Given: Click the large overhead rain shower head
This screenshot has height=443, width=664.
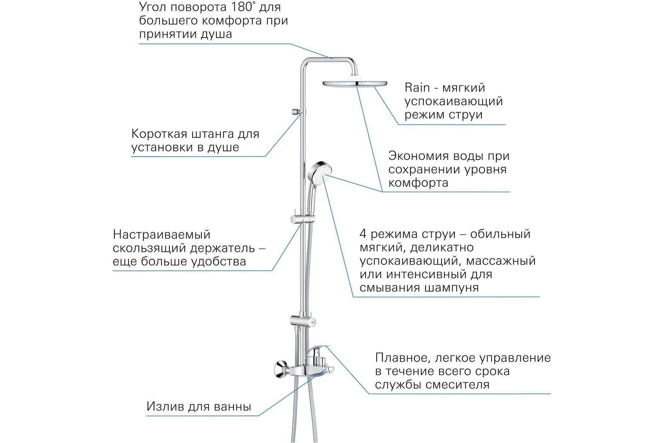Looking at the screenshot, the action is [x=355, y=84].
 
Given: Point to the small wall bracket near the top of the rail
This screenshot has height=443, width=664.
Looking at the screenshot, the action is [x=296, y=111].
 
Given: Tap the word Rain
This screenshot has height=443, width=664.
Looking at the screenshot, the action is [x=417, y=87].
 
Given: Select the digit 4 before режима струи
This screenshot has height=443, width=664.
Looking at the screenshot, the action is [x=363, y=234].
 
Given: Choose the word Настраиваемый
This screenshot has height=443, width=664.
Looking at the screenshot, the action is [x=162, y=235].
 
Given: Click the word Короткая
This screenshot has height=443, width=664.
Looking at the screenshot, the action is [x=159, y=134].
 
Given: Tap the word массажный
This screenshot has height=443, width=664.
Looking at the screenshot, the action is [x=501, y=261].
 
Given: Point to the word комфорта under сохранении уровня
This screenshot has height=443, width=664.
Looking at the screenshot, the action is [x=418, y=183].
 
